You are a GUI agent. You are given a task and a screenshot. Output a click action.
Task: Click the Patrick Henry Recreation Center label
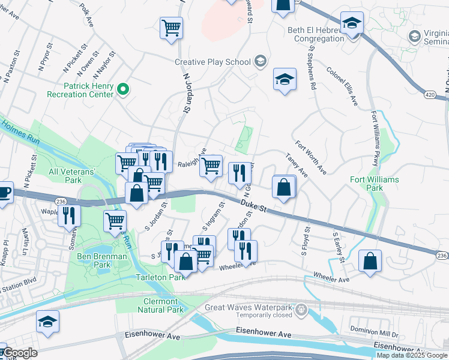click(x=80, y=90)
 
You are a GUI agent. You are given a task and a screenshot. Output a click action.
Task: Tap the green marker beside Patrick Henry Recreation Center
click(x=124, y=90)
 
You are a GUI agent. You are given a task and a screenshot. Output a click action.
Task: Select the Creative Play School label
click(x=213, y=62)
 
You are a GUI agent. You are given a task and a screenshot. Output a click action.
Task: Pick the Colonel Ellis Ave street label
click(x=343, y=86)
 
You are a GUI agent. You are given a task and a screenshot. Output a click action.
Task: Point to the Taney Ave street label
click(x=296, y=166)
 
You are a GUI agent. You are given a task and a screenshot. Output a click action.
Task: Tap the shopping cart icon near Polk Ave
click(x=171, y=28)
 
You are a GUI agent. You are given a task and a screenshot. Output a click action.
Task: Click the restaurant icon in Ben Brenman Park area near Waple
click(x=70, y=216)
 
